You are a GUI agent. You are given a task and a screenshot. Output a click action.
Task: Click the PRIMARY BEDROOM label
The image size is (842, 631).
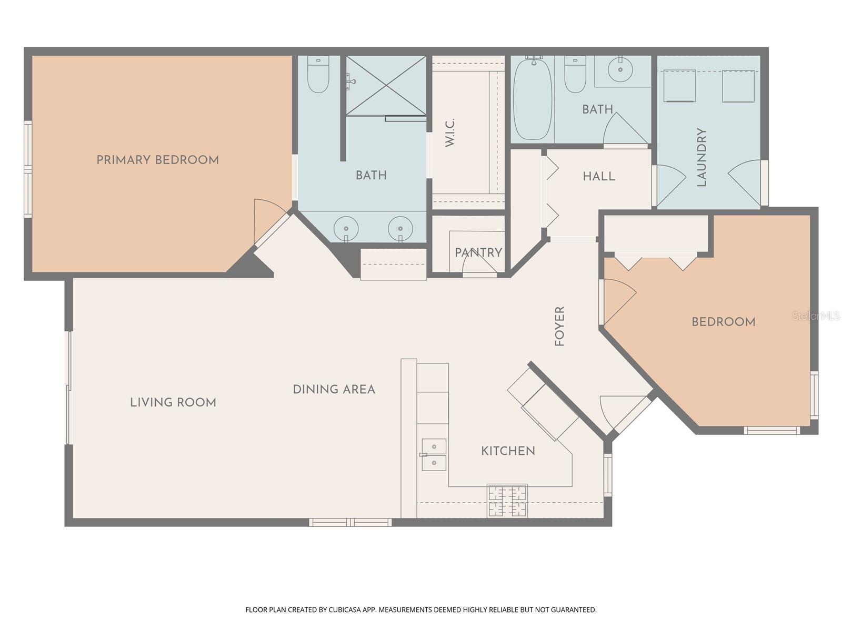157,160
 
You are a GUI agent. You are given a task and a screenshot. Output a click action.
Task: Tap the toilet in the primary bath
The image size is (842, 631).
318,75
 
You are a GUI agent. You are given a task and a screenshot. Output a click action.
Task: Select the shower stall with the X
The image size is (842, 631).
386,85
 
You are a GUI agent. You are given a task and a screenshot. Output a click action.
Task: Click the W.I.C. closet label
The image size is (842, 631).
450,133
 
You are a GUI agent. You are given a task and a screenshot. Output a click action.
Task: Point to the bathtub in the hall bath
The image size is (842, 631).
533,98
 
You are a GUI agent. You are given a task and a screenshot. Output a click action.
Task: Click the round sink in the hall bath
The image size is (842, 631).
621,69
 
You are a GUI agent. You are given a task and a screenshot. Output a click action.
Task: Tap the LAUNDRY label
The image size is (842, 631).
701,157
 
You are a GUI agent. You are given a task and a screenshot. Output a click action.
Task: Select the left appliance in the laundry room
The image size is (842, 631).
679,86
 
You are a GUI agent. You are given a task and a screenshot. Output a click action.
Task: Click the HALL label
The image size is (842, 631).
599,177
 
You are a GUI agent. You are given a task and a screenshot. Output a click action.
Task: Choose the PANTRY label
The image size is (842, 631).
478,253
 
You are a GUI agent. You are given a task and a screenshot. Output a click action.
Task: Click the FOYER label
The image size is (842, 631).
560,326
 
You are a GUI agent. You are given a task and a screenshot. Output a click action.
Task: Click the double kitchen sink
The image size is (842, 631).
434,455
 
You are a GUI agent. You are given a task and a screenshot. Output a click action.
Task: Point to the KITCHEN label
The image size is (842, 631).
508,451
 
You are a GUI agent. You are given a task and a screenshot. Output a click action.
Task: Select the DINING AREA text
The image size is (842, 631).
334,390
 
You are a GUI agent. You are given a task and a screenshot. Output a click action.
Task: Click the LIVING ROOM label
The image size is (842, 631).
173,403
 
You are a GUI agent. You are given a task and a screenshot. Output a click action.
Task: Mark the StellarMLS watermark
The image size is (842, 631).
816,316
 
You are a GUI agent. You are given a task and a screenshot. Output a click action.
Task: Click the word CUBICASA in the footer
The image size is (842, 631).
344,610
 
